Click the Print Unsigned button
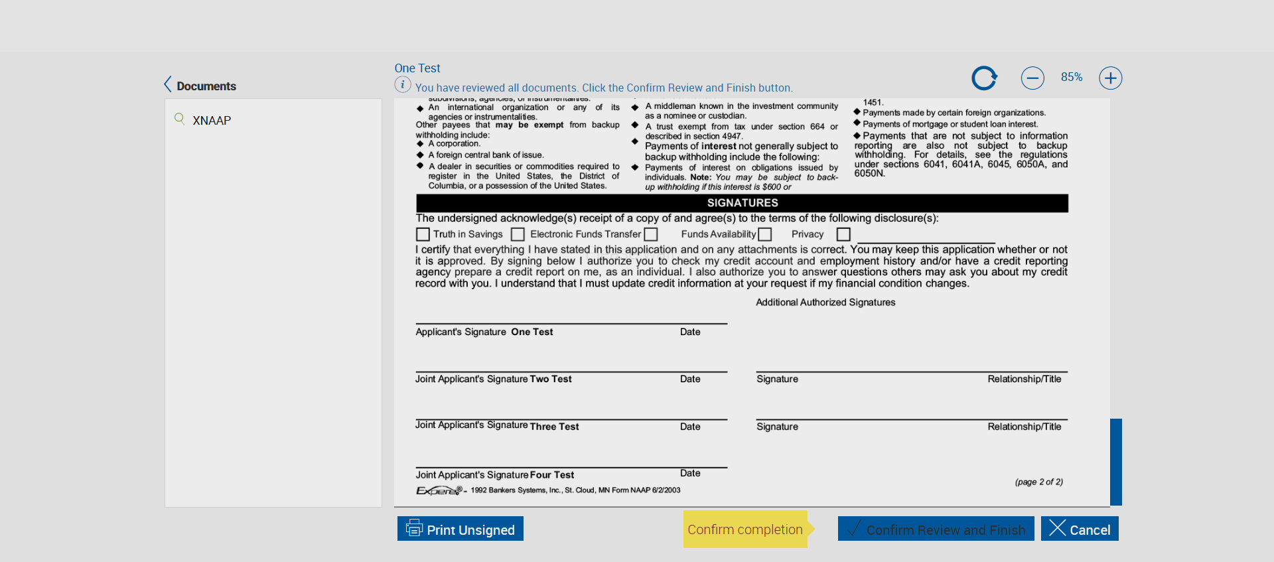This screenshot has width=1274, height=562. tap(460, 529)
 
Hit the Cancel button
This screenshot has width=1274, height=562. tap(1080, 529)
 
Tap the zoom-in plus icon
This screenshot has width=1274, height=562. tap(1110, 78)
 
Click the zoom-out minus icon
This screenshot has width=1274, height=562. tap(1032, 78)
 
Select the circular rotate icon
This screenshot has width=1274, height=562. tap(984, 78)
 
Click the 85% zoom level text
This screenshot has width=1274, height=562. tap(1071, 77)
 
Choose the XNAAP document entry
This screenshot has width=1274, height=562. tap(212, 121)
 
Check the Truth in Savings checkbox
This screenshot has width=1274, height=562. tap(423, 234)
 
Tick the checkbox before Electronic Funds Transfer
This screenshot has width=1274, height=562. tap(518, 234)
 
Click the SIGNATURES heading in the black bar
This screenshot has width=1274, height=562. tap(742, 203)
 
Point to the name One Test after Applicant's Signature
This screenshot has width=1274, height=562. tap(531, 332)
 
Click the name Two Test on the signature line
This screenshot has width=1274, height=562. tap(550, 379)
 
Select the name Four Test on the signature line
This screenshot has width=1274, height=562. tap(551, 475)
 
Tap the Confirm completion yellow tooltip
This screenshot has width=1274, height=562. tap(745, 529)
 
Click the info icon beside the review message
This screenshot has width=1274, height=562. tap(402, 85)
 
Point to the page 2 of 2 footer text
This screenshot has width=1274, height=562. tap(1038, 482)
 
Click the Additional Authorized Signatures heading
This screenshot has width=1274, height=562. tap(825, 303)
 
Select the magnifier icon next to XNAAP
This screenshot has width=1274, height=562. tap(179, 119)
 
